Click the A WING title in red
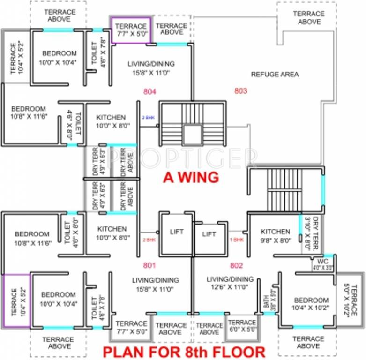(x=191, y=178)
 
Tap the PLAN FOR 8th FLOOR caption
(x=184, y=351)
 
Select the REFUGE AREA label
(x=275, y=74)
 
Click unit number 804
(x=149, y=92)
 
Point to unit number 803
(x=240, y=91)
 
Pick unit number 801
(x=149, y=266)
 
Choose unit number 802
(x=237, y=266)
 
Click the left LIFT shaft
(x=177, y=232)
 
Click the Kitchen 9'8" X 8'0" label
(x=276, y=235)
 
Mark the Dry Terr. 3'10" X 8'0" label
(x=317, y=232)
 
